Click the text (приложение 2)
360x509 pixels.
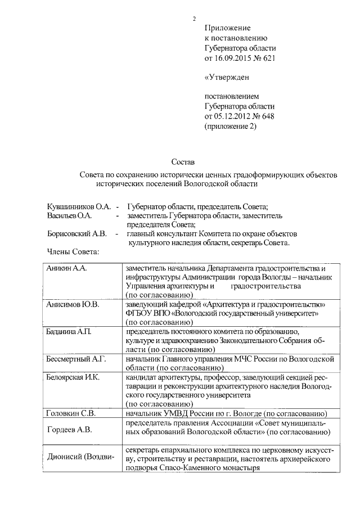pos(230,127)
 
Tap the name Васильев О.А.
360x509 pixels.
pos(69,215)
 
